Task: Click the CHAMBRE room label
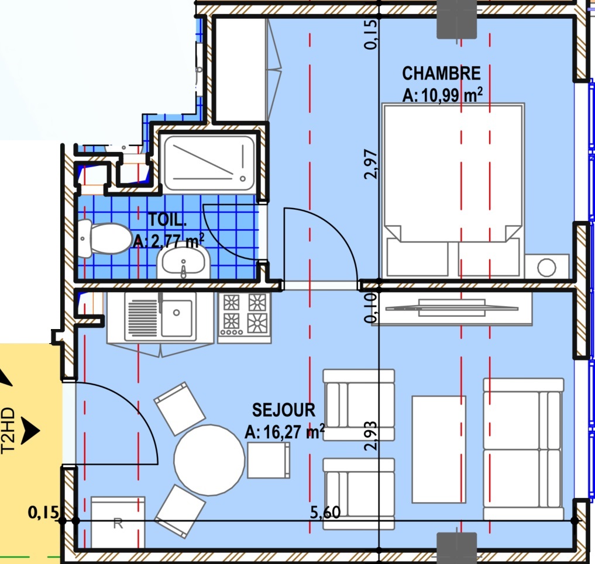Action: click(x=441, y=74)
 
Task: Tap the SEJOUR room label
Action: click(x=284, y=410)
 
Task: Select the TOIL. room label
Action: click(x=167, y=220)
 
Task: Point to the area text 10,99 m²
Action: click(x=452, y=95)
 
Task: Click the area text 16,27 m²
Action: click(x=294, y=432)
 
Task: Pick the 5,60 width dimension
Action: click(x=325, y=512)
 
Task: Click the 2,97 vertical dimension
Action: click(x=371, y=164)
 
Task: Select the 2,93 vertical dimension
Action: click(x=371, y=435)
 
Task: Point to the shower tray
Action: click(x=209, y=164)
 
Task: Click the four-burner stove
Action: click(x=245, y=317)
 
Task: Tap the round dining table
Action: click(x=209, y=460)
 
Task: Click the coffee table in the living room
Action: click(x=439, y=449)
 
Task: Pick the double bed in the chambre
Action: click(x=453, y=191)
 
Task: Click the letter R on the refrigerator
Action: click(x=118, y=524)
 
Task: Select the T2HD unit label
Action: click(x=8, y=431)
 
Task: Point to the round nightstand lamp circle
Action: click(x=546, y=267)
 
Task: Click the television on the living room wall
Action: click(x=452, y=308)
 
